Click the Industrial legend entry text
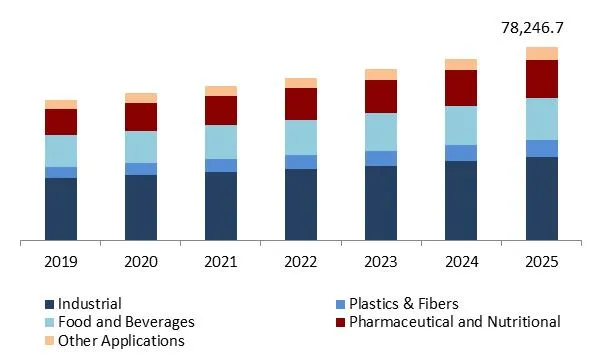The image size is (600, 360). click(90, 304)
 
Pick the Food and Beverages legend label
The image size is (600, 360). click(126, 322)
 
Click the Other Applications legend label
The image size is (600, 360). click(121, 340)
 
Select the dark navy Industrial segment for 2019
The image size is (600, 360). click(61, 209)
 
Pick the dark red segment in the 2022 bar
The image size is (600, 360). click(301, 104)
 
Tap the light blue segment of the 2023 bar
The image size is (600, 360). click(381, 132)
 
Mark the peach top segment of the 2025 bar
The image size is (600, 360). click(542, 53)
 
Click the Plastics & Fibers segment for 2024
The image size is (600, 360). click(461, 153)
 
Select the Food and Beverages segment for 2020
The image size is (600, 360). click(141, 147)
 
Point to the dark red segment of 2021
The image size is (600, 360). click(221, 110)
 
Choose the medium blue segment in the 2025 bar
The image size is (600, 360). click(542, 148)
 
